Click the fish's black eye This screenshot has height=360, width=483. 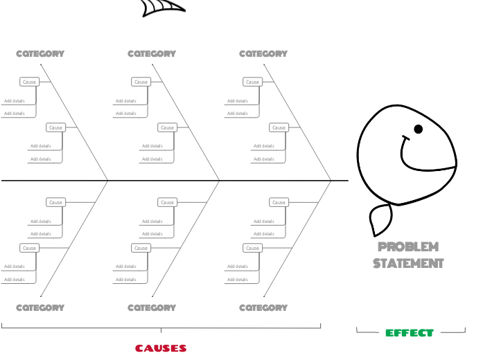(x=419, y=129)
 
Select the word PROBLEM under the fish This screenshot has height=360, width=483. (x=408, y=247)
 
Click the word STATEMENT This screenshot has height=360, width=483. (x=408, y=263)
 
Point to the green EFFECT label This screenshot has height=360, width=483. (x=410, y=333)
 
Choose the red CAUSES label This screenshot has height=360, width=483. (x=161, y=348)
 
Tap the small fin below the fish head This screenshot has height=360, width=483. (x=380, y=220)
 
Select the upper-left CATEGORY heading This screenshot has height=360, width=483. (x=40, y=53)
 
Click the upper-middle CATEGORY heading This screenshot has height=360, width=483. (x=152, y=53)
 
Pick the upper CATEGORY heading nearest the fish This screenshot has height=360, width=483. (x=263, y=53)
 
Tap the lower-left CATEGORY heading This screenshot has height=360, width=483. (x=40, y=307)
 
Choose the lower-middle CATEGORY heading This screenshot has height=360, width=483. (x=152, y=307)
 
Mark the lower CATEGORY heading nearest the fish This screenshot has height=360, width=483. (x=263, y=307)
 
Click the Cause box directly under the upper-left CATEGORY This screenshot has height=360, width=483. (x=29, y=82)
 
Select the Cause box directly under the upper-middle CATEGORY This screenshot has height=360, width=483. (x=141, y=82)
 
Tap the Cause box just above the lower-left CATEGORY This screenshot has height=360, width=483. (x=29, y=248)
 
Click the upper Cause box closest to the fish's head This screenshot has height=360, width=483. (x=279, y=127)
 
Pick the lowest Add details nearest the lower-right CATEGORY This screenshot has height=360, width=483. (x=238, y=280)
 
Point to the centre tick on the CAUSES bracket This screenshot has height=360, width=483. (x=161, y=330)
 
